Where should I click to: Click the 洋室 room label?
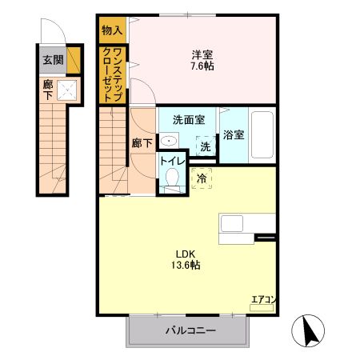[x=202, y=54]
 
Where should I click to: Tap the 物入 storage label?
[x=112, y=30]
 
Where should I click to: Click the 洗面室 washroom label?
[x=188, y=121]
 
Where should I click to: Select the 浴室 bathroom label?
[x=234, y=134]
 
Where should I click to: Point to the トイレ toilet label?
[x=171, y=160]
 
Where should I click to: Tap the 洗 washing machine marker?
[x=206, y=146]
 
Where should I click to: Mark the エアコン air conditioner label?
[x=263, y=299]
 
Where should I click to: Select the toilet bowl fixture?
[x=171, y=181]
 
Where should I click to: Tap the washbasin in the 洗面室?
[x=168, y=141]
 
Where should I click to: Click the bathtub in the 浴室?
[x=262, y=135]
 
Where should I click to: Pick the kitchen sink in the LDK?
[x=234, y=225]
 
